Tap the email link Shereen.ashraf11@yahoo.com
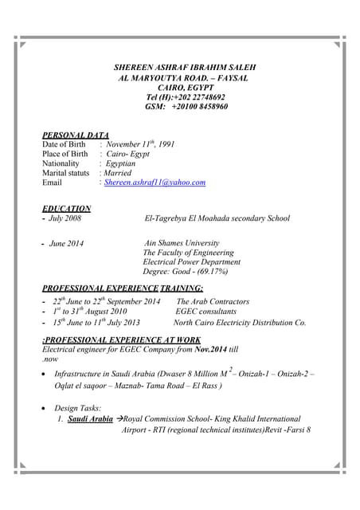155,182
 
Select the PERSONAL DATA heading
76,135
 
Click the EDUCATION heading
66,209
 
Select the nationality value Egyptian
120,163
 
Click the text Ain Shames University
181,243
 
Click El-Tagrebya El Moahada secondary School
217,218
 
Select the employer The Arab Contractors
213,302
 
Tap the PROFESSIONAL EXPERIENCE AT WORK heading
121,339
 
